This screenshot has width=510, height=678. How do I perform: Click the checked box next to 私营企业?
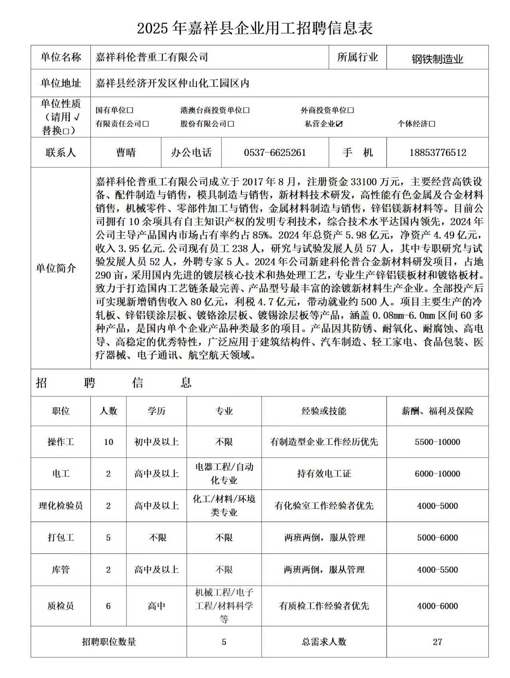point(339,124)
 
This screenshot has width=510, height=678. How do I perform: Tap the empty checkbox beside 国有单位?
point(130,111)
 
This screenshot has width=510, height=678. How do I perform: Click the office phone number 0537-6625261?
point(275,153)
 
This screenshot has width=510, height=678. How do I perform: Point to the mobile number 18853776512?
point(437,153)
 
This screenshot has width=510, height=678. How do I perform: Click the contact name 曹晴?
point(126,153)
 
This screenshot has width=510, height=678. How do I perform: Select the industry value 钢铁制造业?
point(437,59)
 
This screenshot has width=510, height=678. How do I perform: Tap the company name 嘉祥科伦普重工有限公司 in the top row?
point(152,57)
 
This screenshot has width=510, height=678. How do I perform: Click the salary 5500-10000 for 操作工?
point(437,442)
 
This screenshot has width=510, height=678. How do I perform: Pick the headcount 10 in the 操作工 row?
point(108,442)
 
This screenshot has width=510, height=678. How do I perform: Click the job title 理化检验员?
point(61,506)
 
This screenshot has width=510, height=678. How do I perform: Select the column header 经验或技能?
point(324,411)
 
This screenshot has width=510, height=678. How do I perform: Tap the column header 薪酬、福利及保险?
point(437,411)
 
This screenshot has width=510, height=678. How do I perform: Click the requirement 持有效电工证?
point(324,474)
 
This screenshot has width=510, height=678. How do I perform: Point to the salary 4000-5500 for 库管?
point(437,570)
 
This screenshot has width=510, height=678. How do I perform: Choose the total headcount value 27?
point(437,642)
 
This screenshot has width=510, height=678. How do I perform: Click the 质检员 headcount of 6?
point(108,606)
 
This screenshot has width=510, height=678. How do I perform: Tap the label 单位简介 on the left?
point(56,269)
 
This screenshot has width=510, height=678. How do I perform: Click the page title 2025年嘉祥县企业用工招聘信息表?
point(255,28)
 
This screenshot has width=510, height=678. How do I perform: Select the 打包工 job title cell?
point(61,538)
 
